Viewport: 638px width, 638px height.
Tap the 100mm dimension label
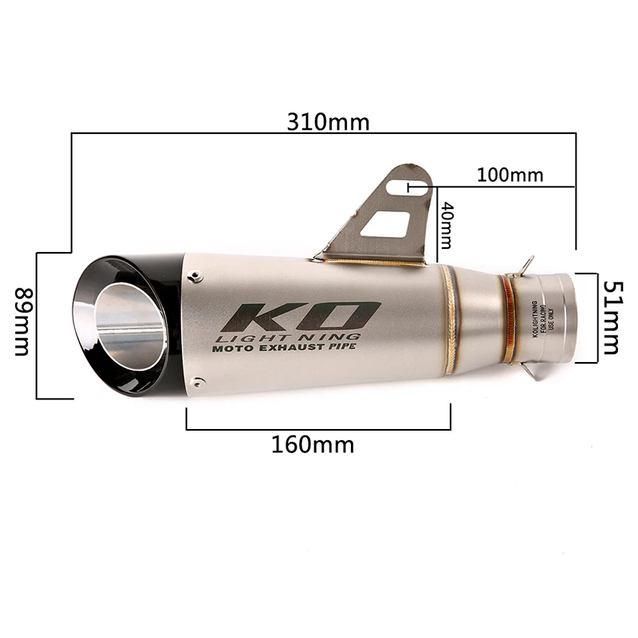coord(510,175)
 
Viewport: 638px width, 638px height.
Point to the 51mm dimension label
coord(611,317)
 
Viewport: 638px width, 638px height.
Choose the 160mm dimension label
coord(312,443)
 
